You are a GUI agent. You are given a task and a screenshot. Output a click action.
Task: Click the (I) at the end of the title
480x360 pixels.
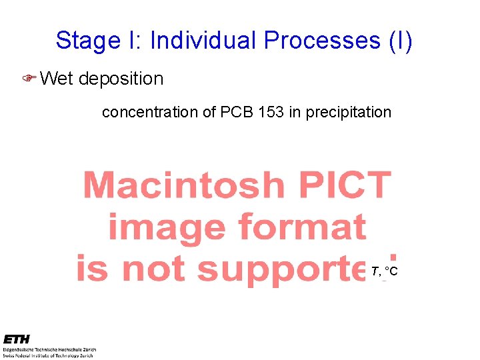(x=401, y=41)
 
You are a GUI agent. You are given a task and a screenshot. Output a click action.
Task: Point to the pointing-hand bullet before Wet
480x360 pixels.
(x=29, y=79)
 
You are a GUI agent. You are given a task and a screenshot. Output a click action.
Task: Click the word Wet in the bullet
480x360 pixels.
(x=57, y=79)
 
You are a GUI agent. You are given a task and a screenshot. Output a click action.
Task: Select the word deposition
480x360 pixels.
(x=121, y=79)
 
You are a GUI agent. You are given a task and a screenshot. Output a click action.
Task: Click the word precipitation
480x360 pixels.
(x=349, y=113)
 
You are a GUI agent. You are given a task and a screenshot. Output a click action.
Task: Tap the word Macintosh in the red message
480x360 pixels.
(x=183, y=185)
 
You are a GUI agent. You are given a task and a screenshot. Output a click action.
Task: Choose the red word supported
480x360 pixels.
(x=293, y=269)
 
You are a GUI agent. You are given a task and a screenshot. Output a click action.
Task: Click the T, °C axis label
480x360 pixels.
(x=385, y=271)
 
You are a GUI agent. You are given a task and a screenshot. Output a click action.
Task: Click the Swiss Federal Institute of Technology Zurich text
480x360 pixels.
(x=50, y=355)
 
